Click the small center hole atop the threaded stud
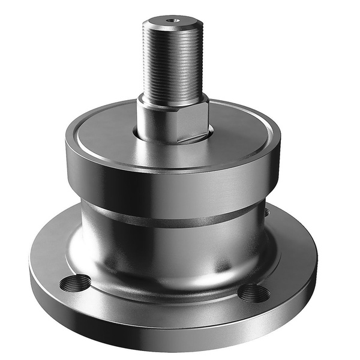coord(173,20)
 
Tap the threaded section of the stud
coord(173,60)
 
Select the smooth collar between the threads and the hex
coord(173,99)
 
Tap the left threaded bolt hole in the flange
coord(76,283)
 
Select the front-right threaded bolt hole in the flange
coord(254,293)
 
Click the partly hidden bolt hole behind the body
coord(266,211)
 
